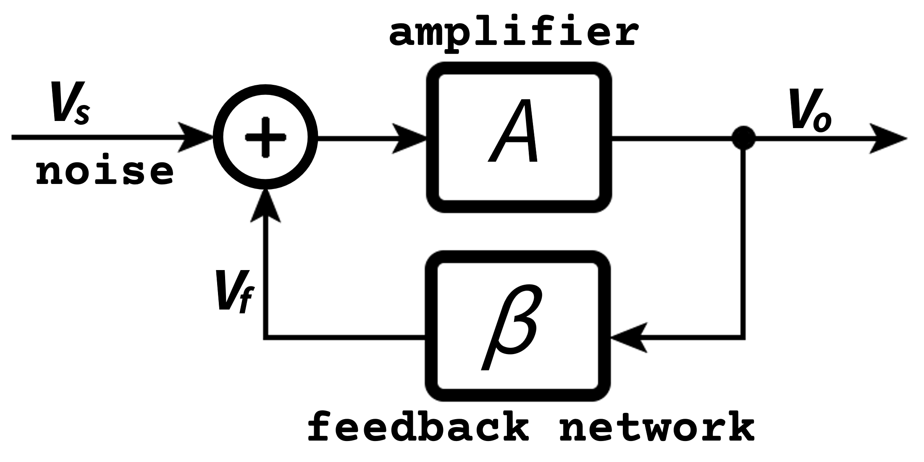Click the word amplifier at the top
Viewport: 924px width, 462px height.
click(513, 34)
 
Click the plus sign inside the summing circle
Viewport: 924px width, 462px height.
click(265, 137)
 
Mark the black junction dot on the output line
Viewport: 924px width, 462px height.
click(744, 138)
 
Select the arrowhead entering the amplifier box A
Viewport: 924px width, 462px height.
click(409, 138)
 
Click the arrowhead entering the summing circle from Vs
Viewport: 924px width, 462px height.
click(195, 138)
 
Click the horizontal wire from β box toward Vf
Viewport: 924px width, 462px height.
click(344, 337)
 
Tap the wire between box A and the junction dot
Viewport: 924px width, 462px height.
click(672, 138)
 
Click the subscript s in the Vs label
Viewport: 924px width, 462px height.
click(82, 115)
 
